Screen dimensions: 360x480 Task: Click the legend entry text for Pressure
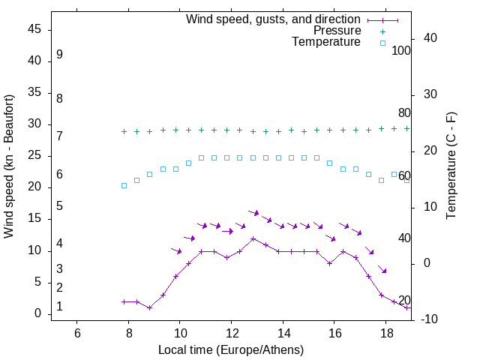pyautogui.click(x=337, y=31)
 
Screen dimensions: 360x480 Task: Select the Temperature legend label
pyautogui.click(x=326, y=43)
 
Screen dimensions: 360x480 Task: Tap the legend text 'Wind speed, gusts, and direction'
pyautogui.click(x=274, y=19)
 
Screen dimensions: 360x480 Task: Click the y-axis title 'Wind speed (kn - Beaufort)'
pyautogui.click(x=9, y=166)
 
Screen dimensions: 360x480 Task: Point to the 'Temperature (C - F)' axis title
pyautogui.click(x=451, y=165)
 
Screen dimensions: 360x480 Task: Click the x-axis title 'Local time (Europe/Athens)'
pyautogui.click(x=231, y=350)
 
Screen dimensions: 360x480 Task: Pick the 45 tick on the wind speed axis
pyautogui.click(x=34, y=29)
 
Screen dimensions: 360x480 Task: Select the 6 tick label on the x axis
pyautogui.click(x=77, y=332)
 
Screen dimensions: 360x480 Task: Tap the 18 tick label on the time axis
pyautogui.click(x=385, y=332)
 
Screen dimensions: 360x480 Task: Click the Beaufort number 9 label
pyautogui.click(x=59, y=55)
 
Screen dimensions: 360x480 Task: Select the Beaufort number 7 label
pyautogui.click(x=59, y=136)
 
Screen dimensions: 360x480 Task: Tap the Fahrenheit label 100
pyautogui.click(x=401, y=50)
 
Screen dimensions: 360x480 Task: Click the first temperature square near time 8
pyautogui.click(x=124, y=185)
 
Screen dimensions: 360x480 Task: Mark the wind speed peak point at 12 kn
pyautogui.click(x=253, y=238)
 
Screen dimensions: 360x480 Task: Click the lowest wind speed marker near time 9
pyautogui.click(x=150, y=307)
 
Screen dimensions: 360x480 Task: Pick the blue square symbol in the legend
pyautogui.click(x=382, y=43)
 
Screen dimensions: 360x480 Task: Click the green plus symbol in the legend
pyautogui.click(x=382, y=31)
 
